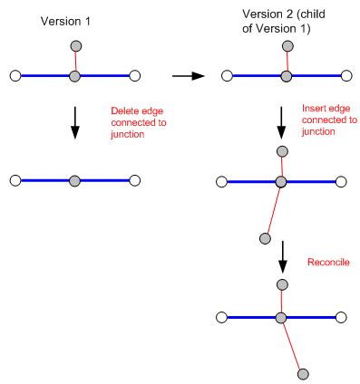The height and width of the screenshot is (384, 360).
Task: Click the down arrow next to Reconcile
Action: point(283,257)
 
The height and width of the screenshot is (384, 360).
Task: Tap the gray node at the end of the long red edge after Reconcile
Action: point(304,372)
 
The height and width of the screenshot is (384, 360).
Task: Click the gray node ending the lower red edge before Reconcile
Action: point(265,238)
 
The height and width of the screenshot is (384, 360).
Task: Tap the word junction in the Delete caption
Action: point(125,131)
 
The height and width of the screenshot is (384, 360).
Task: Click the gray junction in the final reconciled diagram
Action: point(282,317)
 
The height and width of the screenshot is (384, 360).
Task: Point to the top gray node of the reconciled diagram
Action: point(282,284)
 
